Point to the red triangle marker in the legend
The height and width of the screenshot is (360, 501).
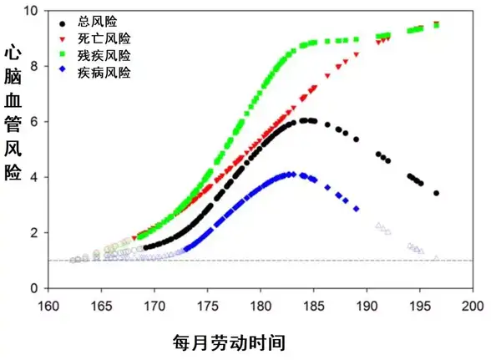point(67,39)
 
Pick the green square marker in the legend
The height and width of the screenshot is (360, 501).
point(67,55)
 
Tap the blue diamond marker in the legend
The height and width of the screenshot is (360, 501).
point(67,72)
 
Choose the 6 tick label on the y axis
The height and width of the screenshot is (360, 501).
point(36,122)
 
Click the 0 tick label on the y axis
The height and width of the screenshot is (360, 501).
point(36,288)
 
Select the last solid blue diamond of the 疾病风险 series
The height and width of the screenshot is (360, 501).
point(357,209)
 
